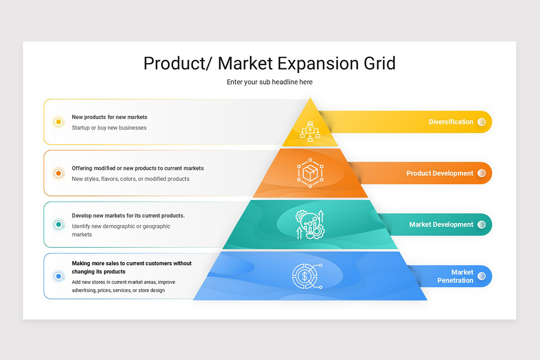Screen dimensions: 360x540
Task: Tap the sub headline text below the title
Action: coord(270,82)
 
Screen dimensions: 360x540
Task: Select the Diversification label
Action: coord(450,122)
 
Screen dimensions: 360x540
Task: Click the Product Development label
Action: coord(440,173)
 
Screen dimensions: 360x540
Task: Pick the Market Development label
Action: coord(441,225)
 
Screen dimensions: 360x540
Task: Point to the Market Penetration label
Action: coord(455,276)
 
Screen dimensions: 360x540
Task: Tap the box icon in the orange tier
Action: coord(310,173)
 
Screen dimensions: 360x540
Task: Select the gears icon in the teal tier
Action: coord(310,224)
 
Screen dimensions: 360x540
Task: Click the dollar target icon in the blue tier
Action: coord(307,275)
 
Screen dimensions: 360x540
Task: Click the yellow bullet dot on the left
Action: coord(58,122)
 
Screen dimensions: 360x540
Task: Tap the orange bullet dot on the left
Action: coord(58,173)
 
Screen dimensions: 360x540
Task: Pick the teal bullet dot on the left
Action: coord(58,225)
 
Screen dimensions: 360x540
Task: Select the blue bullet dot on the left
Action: coord(58,276)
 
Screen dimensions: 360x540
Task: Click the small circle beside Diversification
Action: coord(481,122)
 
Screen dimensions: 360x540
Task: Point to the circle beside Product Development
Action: coord(481,173)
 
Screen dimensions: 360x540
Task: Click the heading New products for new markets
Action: coord(109,117)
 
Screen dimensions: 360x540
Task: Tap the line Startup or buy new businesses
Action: coord(109,128)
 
